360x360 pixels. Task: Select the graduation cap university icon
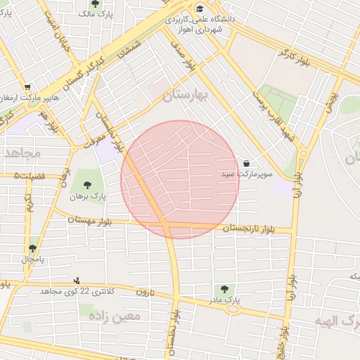[x=200, y=9]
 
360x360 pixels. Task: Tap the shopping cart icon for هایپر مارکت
[x=27, y=87]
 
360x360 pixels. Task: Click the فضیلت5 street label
[x=27, y=175]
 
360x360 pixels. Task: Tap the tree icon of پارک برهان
[x=87, y=186]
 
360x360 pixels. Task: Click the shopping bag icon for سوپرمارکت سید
[x=245, y=163]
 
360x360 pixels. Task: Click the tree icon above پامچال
[x=32, y=248]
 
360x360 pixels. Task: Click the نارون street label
[x=144, y=291]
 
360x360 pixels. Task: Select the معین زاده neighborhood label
[x=115, y=316]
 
